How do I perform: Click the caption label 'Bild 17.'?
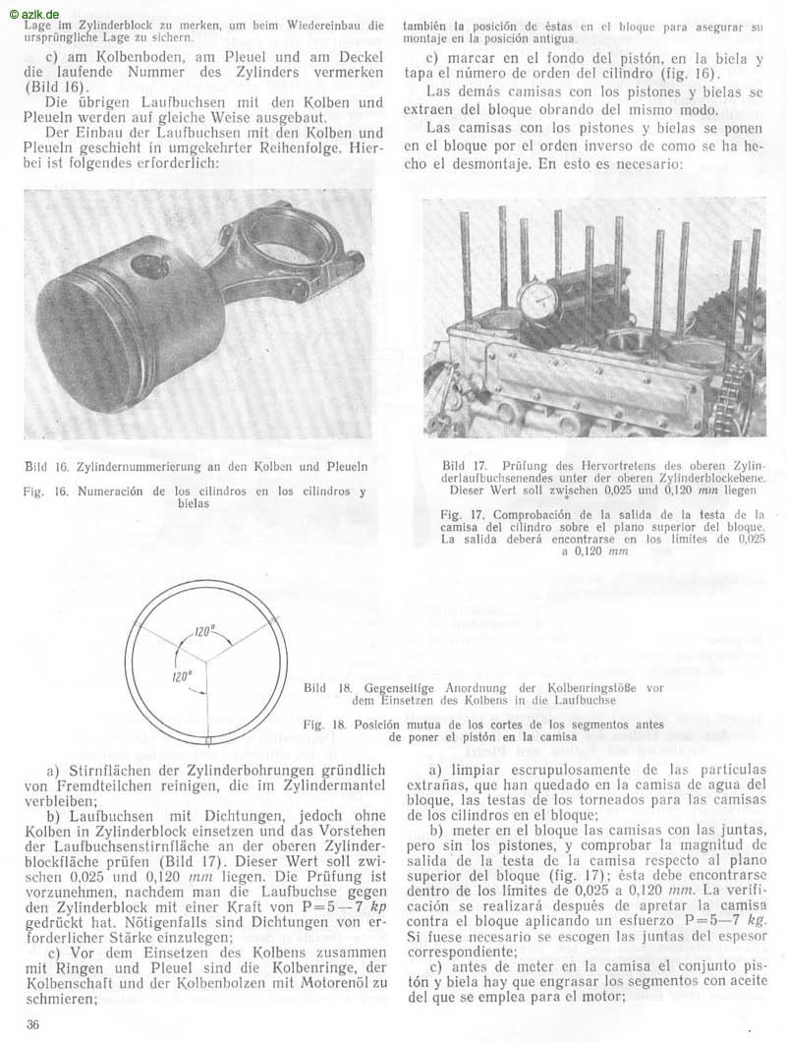(x=459, y=464)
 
